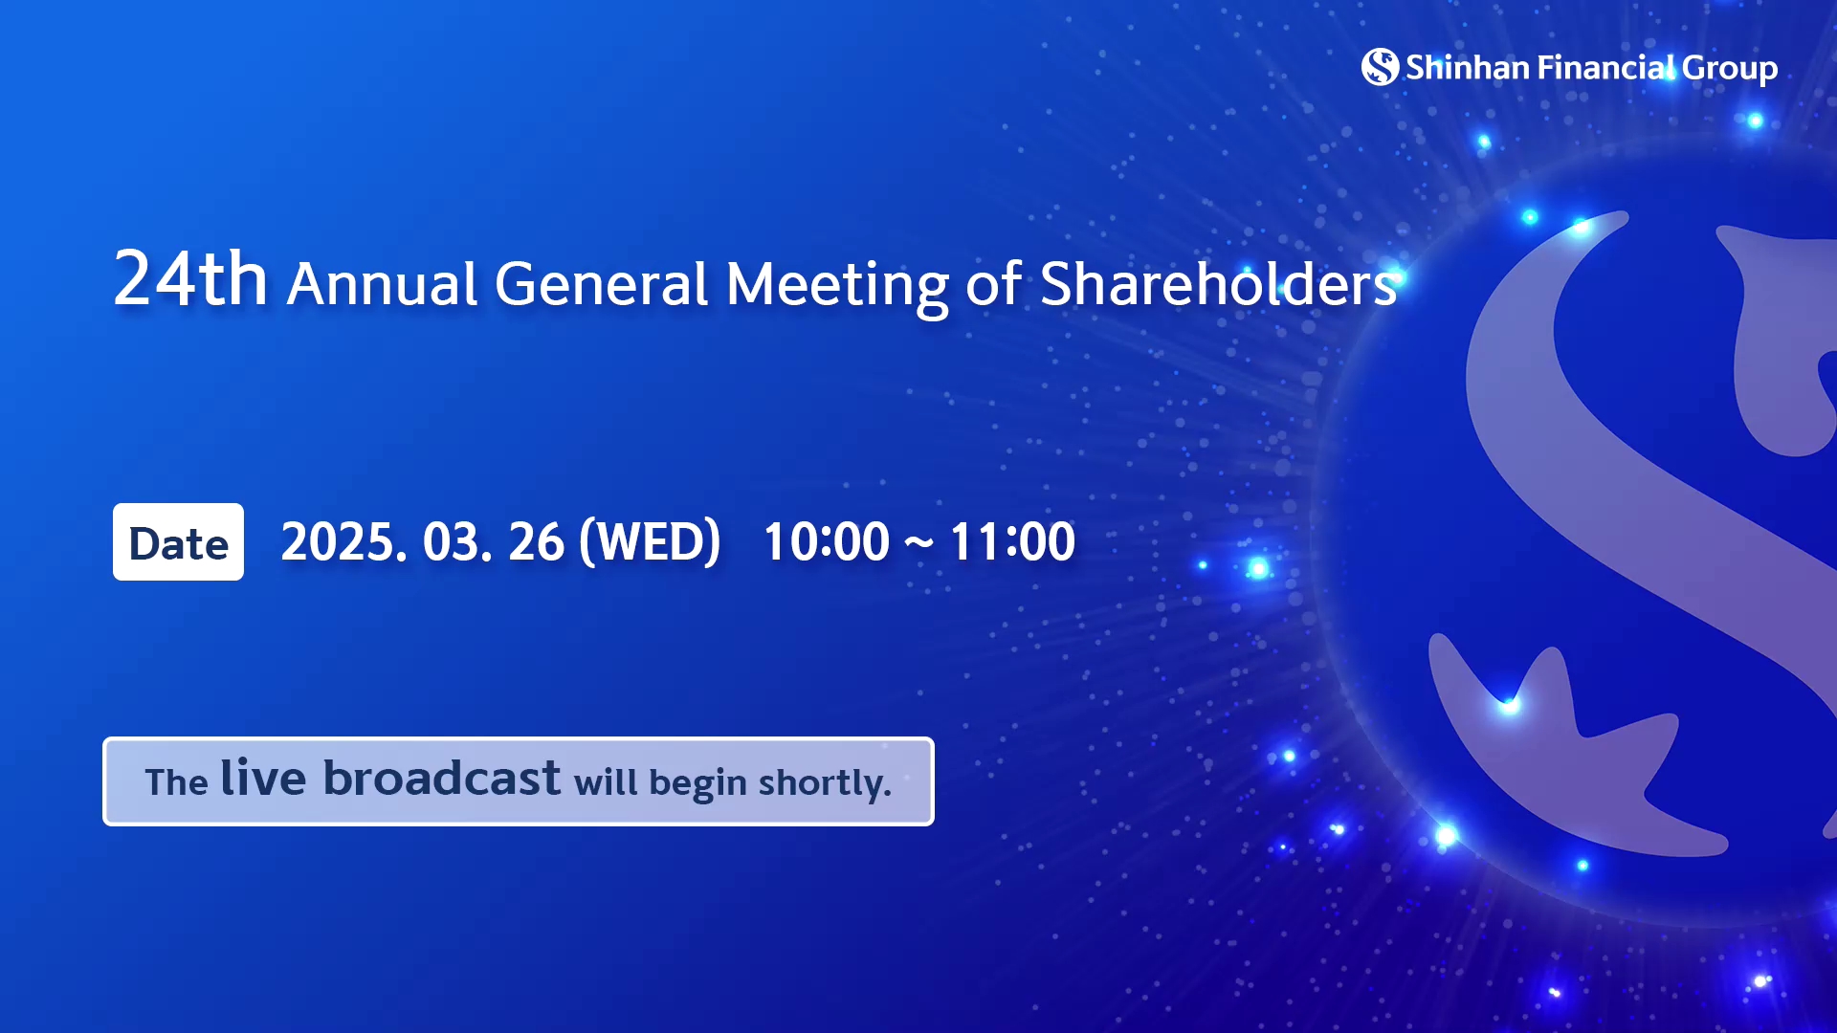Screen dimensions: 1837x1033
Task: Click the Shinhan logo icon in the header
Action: click(x=1380, y=67)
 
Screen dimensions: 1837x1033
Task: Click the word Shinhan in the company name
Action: click(x=1468, y=68)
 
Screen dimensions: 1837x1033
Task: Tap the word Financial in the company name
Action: click(x=1606, y=68)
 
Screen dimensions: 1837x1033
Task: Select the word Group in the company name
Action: click(x=1730, y=70)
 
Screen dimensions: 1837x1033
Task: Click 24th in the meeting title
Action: click(x=190, y=278)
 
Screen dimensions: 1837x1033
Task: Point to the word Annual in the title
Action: click(x=382, y=284)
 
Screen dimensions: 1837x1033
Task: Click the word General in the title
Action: click(x=602, y=284)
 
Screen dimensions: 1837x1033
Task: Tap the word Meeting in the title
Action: click(x=837, y=287)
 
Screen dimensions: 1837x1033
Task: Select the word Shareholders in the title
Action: click(x=1219, y=284)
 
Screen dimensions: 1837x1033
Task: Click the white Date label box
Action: click(x=178, y=542)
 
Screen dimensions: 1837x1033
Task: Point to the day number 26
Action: click(x=537, y=542)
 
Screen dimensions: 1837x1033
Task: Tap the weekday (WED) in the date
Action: click(x=650, y=542)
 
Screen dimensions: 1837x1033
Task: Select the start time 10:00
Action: click(x=827, y=542)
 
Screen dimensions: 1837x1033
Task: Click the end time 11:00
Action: click(x=1012, y=542)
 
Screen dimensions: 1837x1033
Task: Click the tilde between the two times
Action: click(x=918, y=544)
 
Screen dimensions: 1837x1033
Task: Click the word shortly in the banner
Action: click(x=825, y=783)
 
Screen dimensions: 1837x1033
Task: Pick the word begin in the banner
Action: click(x=697, y=784)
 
